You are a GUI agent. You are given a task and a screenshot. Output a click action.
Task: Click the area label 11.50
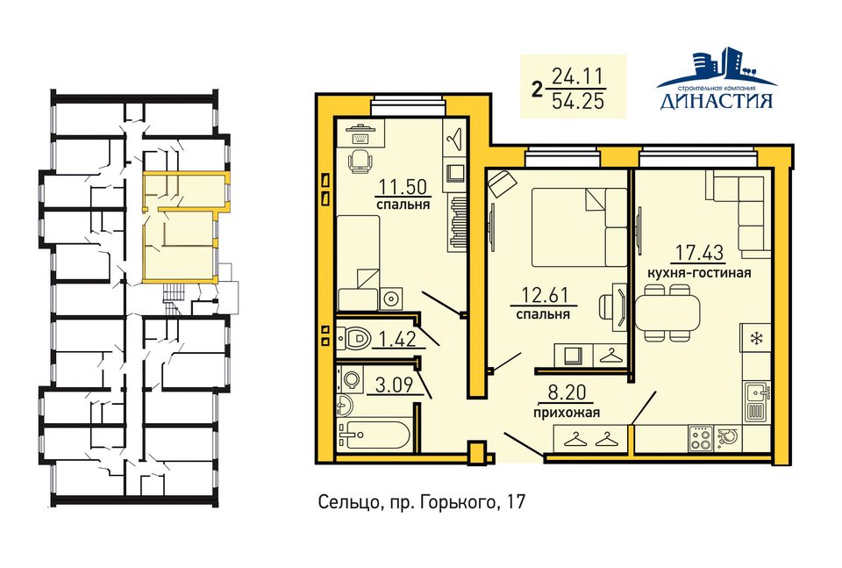403,186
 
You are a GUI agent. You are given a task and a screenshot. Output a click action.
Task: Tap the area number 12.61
545,295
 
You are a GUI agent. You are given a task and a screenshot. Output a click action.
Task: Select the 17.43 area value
699,252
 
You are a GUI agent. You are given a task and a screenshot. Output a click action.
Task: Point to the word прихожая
567,413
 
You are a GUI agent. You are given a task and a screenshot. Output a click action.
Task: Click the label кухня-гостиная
699,273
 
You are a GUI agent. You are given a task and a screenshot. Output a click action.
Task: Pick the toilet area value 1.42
397,339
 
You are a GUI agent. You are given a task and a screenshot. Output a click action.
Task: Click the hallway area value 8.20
567,392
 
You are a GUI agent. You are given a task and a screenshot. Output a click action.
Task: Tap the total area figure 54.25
578,101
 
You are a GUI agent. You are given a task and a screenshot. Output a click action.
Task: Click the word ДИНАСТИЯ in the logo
717,100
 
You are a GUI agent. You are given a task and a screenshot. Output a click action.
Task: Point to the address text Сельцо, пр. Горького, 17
422,502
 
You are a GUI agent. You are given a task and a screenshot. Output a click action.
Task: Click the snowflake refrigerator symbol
756,339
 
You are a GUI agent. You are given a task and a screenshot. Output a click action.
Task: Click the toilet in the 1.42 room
355,339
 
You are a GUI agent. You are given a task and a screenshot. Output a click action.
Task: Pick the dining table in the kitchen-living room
668,313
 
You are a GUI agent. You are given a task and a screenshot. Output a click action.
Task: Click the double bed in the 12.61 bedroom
580,227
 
